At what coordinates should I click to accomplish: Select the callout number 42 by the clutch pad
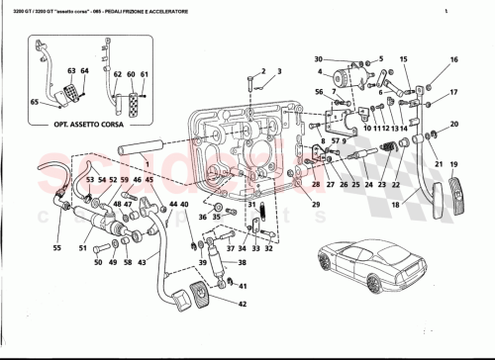(x=242, y=306)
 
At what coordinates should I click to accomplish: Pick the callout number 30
(x=320, y=59)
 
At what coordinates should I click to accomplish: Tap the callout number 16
(x=454, y=60)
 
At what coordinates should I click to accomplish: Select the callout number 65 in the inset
(x=35, y=101)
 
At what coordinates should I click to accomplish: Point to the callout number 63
(x=71, y=71)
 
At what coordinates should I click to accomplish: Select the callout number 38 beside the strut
(x=243, y=265)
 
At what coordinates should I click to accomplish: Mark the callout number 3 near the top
(x=281, y=71)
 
